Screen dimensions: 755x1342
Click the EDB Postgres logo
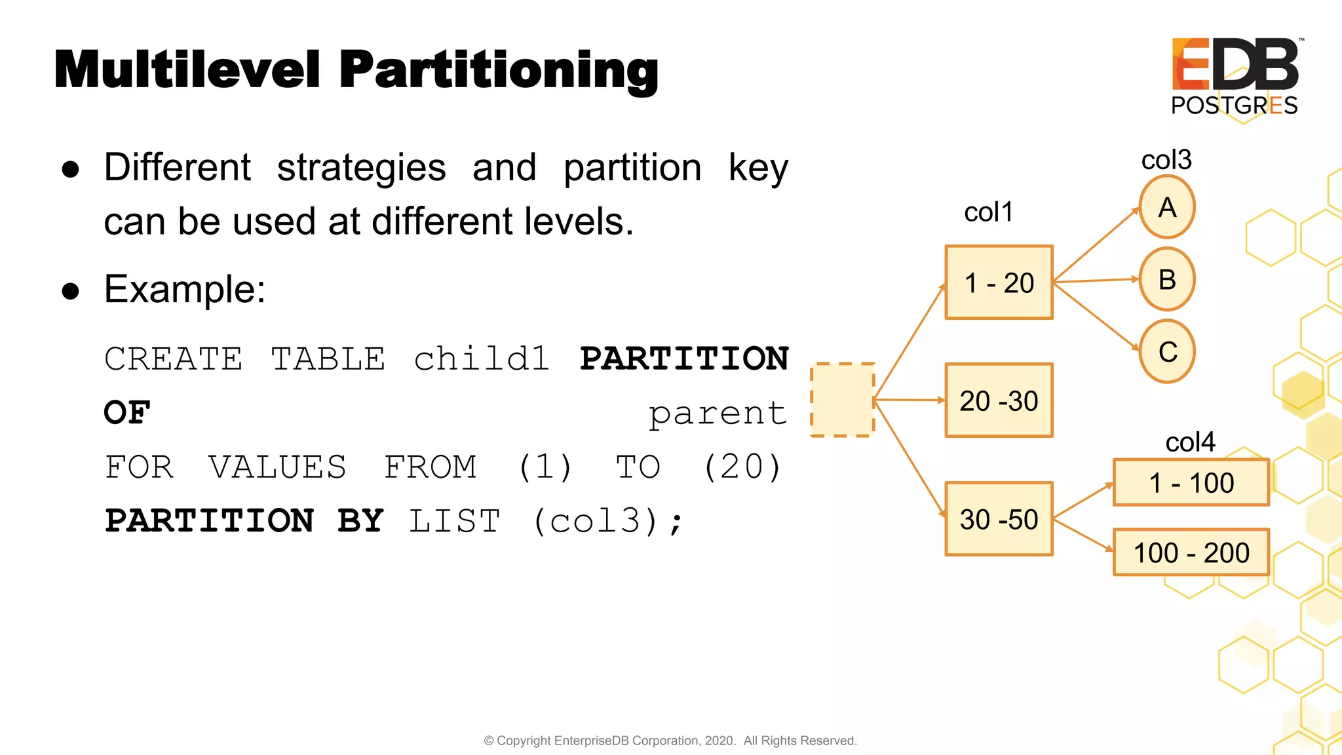pyautogui.click(x=1235, y=76)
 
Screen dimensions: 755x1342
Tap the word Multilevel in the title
pyautogui.click(x=187, y=69)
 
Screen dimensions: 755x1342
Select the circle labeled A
pyautogui.click(x=1167, y=208)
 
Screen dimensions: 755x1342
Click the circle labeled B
pyautogui.click(x=1167, y=280)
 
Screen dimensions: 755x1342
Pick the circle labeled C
pyautogui.click(x=1167, y=352)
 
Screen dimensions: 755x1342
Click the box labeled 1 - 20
pyautogui.click(x=999, y=283)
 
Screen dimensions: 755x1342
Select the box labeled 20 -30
pyautogui.click(x=999, y=400)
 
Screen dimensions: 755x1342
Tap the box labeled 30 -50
pyautogui.click(x=999, y=519)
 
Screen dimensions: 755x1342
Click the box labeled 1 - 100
pyautogui.click(x=1191, y=483)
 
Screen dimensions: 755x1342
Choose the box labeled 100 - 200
pyautogui.click(x=1191, y=552)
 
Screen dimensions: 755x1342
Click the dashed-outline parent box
pyautogui.click(x=842, y=400)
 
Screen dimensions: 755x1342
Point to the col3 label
pyautogui.click(x=1166, y=160)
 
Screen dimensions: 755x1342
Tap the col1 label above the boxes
pyautogui.click(x=988, y=212)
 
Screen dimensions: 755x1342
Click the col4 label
pyautogui.click(x=1189, y=442)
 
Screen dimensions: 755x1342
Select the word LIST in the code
pyautogui.click(x=454, y=522)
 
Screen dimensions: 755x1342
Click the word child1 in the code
pyautogui.click(x=482, y=359)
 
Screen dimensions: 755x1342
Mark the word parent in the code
pyautogui.click(x=718, y=414)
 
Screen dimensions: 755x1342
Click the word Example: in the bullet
pyautogui.click(x=185, y=289)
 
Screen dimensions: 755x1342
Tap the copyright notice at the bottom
pyautogui.click(x=670, y=741)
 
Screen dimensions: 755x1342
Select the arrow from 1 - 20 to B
pyautogui.click(x=1096, y=281)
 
